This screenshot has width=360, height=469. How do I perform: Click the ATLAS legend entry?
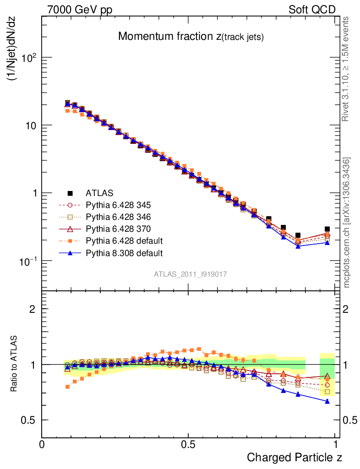point(99,193)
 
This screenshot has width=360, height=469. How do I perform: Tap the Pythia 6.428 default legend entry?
point(124,240)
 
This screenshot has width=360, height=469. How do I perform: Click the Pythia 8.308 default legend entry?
point(124,252)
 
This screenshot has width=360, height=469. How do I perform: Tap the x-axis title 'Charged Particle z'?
point(295,457)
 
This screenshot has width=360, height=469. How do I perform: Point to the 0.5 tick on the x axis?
point(188,444)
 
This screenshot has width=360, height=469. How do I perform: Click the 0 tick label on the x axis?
point(42,444)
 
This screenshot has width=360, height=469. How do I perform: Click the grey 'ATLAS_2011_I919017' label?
point(191,274)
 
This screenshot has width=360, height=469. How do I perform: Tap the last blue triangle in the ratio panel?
point(327,401)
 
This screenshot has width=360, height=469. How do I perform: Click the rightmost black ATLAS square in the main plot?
point(327,229)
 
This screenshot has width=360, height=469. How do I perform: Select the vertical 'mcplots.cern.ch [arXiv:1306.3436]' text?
point(347,223)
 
